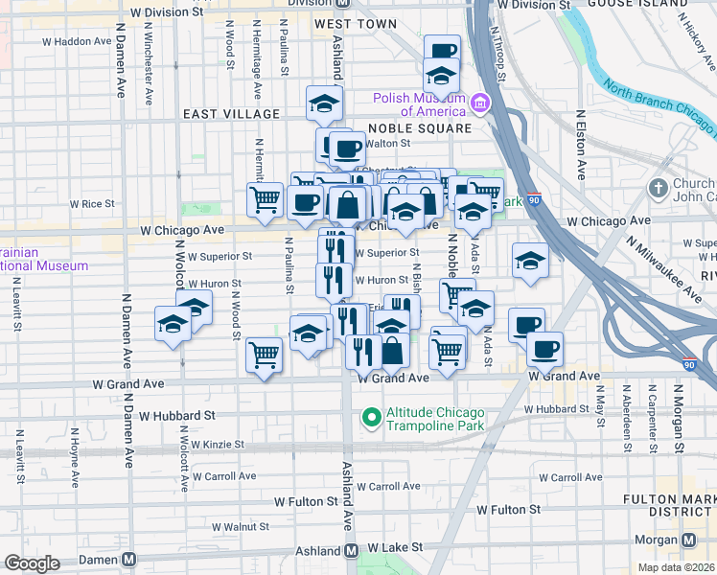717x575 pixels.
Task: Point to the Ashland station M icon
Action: [352, 551]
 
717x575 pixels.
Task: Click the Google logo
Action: [32, 563]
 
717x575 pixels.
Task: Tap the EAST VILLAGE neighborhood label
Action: [232, 114]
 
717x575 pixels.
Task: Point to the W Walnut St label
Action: [240, 526]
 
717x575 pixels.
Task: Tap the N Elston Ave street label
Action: [581, 144]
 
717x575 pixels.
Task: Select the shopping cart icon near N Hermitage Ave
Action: [266, 199]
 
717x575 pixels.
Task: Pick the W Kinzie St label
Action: [219, 445]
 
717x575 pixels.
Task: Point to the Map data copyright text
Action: [677, 567]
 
